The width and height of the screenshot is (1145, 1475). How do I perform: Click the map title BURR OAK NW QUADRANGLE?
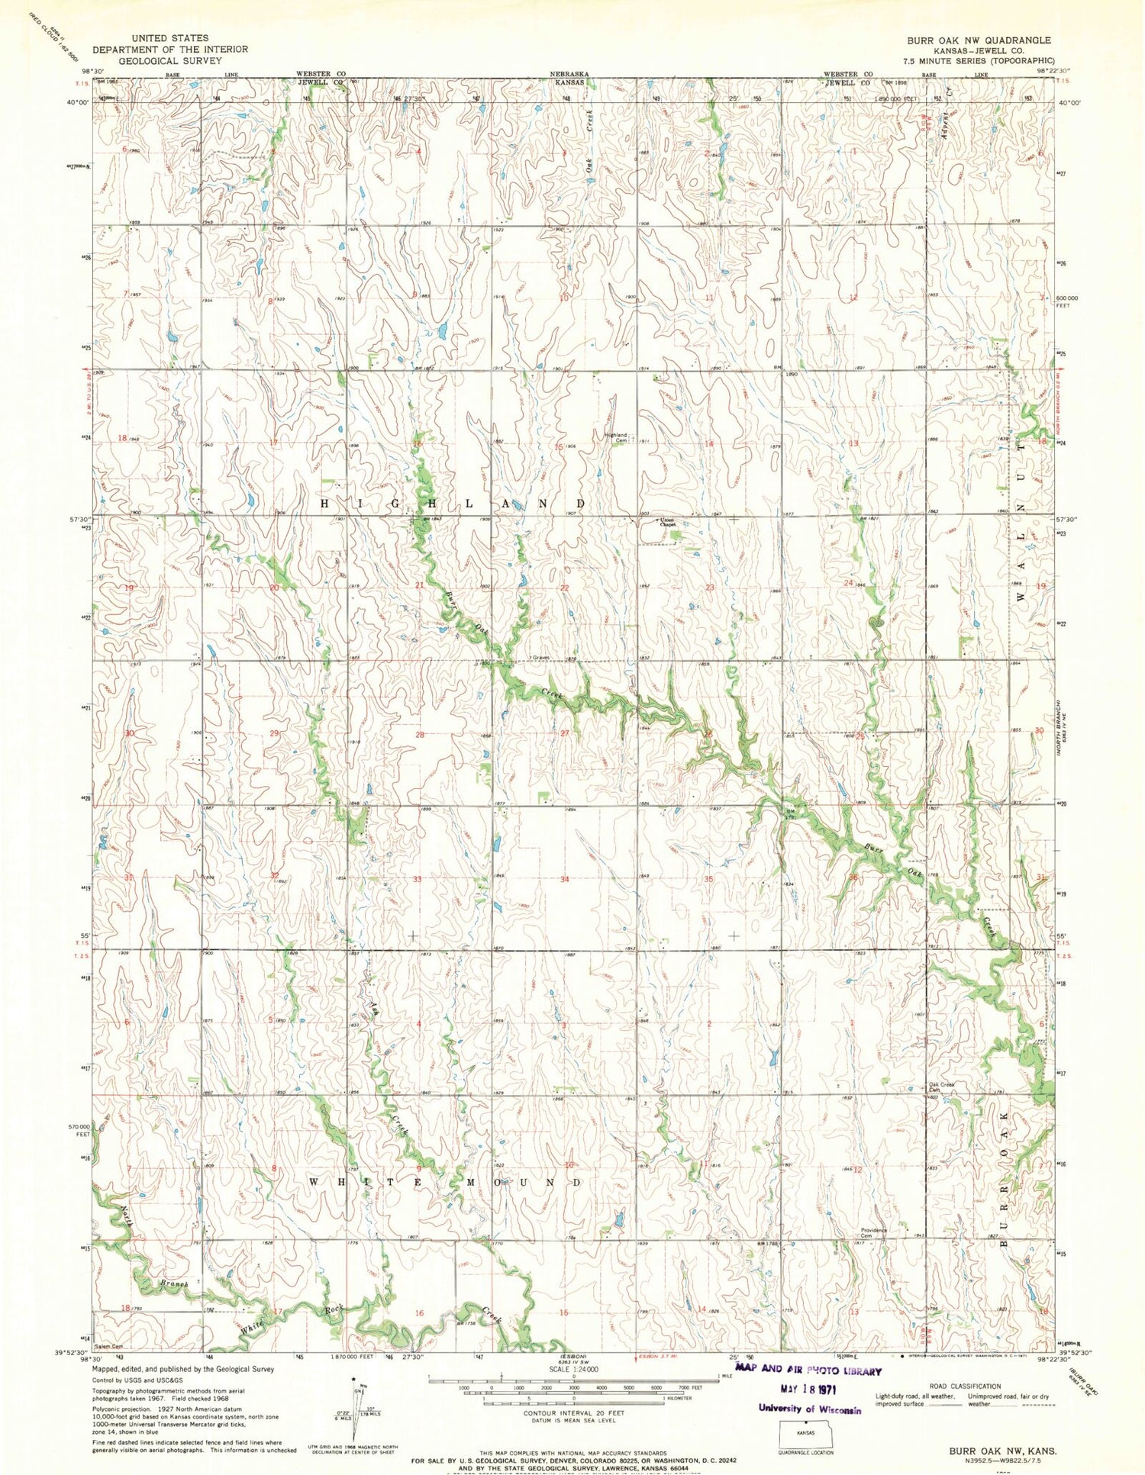(979, 40)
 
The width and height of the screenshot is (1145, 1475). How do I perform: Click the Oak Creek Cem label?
(942, 1087)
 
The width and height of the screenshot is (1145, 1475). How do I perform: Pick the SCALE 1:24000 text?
(573, 1368)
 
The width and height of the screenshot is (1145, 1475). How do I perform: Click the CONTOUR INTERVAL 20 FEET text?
(572, 1412)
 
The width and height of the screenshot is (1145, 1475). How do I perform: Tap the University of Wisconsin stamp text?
(810, 1409)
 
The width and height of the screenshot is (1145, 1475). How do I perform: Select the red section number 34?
(564, 879)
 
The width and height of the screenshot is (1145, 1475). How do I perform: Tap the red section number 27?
(565, 733)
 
